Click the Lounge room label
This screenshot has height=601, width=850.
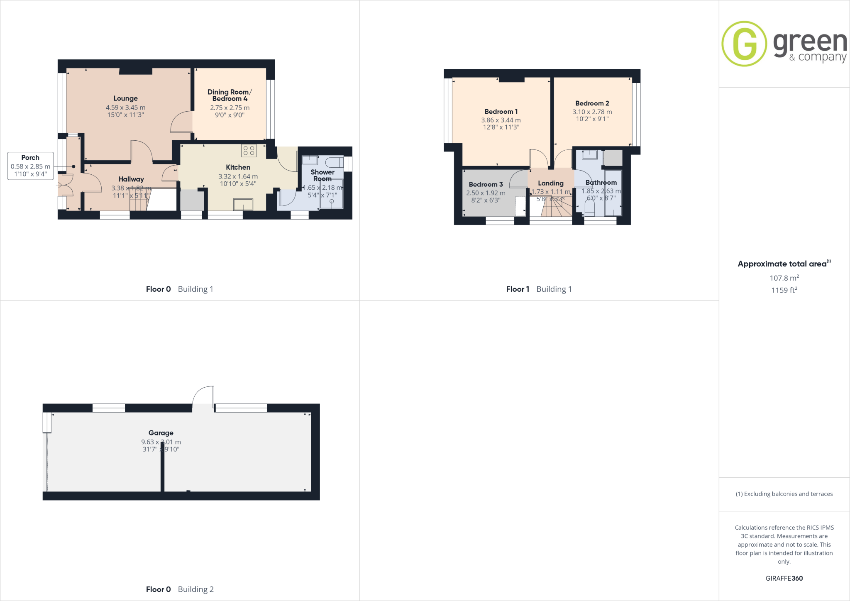coord(125,98)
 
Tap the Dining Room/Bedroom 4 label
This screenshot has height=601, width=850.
coord(230,95)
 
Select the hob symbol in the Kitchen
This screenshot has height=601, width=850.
coord(249,150)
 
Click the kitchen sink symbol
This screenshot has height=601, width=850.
coord(243,205)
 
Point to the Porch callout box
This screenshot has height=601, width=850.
coord(30,166)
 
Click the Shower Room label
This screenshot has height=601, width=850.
coord(322,175)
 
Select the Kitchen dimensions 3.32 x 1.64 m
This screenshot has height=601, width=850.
coord(238,176)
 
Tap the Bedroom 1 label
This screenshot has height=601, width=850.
coord(501,112)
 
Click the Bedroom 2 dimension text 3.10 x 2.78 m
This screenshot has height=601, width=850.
coord(592,112)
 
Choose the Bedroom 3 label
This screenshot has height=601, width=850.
coord(486,184)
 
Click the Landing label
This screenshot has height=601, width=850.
coord(551,183)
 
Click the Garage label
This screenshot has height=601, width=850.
coord(161,432)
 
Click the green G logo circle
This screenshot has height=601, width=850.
coord(744,44)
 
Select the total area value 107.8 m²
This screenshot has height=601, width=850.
coord(784,278)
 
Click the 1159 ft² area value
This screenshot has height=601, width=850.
coord(784,290)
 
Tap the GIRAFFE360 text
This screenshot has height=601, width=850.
coord(784,578)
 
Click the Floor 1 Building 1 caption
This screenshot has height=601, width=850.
coord(539,289)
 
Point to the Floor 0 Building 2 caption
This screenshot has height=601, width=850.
coord(180,589)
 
